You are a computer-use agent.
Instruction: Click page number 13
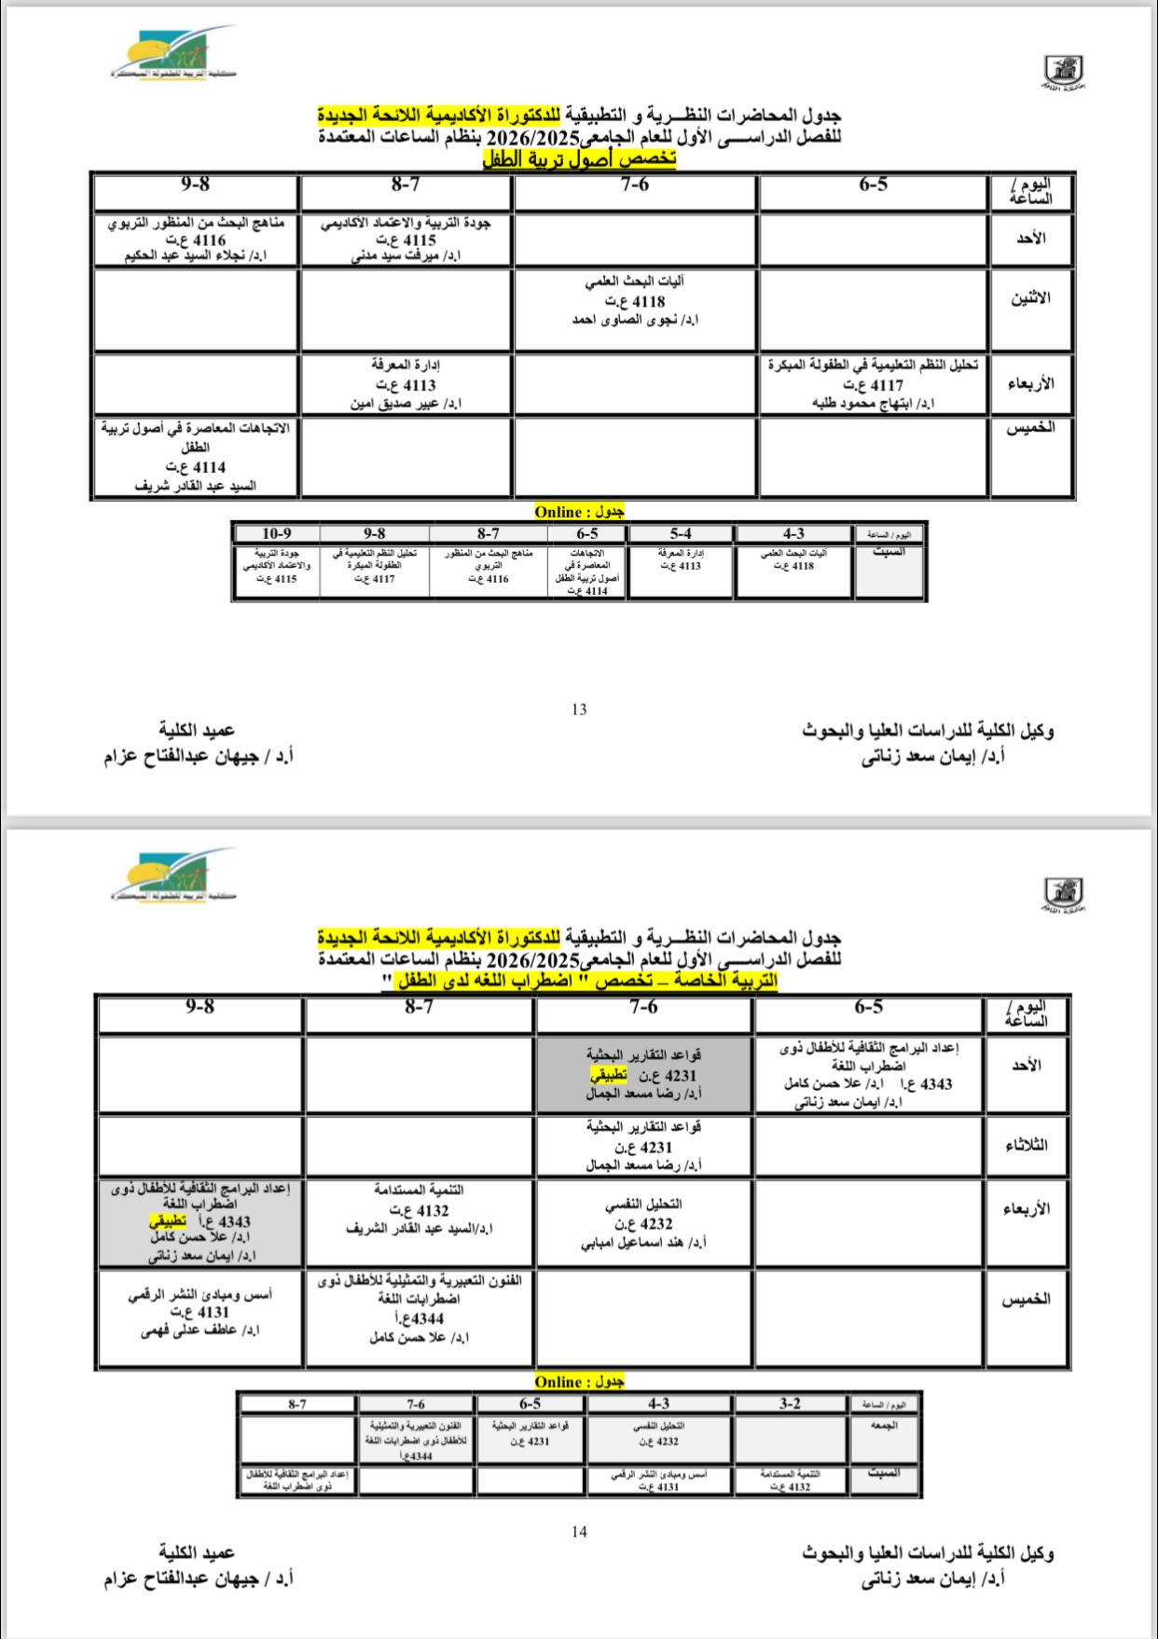click(579, 709)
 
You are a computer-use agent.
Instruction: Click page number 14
click(579, 1532)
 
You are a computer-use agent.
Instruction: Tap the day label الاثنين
click(1031, 298)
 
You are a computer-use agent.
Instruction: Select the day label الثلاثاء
click(1026, 1145)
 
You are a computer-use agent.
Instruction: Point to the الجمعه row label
click(884, 1426)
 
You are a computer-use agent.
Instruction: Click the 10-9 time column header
click(276, 534)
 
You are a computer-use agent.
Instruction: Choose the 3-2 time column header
click(790, 1404)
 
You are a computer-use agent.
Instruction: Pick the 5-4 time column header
click(680, 534)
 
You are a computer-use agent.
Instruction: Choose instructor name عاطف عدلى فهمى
click(200, 1331)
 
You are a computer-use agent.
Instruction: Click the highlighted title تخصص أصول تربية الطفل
click(579, 159)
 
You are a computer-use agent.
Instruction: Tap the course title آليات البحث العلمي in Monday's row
click(635, 281)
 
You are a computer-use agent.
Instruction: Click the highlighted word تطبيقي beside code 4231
click(608, 1075)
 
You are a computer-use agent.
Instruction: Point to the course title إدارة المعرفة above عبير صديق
click(406, 365)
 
